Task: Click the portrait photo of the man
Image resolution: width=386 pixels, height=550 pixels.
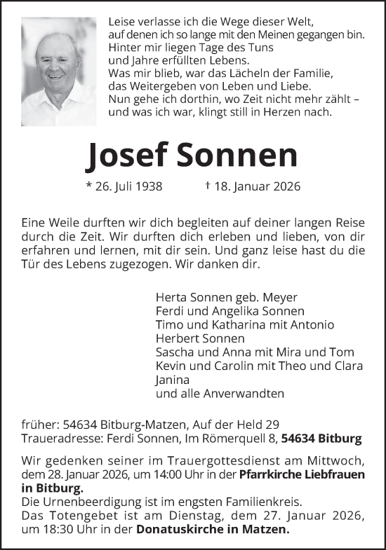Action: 58,71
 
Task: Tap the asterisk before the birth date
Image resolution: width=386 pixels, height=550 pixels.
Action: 88,186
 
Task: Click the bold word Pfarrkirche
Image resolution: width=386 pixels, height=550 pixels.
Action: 266,474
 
